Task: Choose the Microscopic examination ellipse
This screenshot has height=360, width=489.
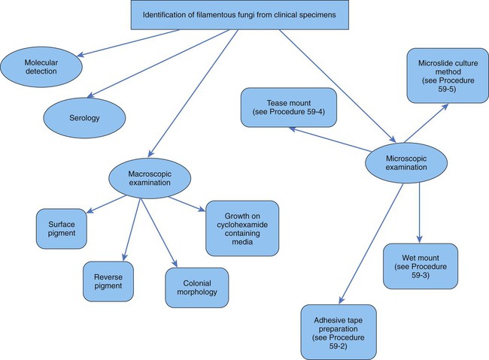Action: [402, 162]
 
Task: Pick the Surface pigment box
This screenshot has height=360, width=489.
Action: [62, 228]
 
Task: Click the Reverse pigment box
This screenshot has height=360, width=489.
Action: [108, 280]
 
